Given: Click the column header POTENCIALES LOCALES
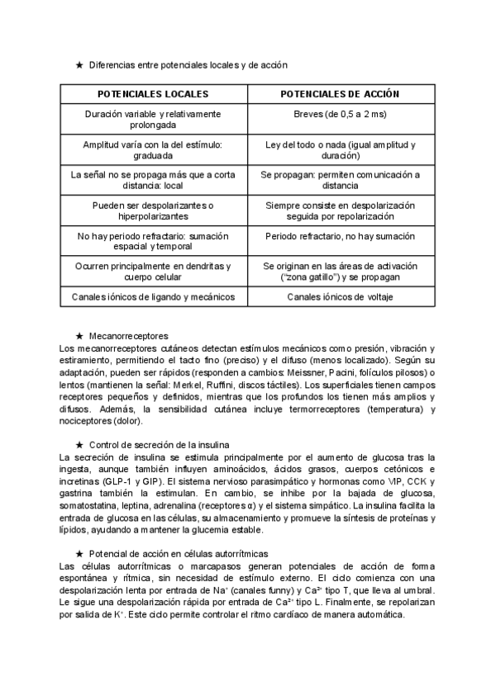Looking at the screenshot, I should [x=153, y=95].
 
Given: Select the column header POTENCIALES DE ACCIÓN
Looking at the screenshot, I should [x=340, y=95].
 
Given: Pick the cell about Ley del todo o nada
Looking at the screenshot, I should [x=340, y=149].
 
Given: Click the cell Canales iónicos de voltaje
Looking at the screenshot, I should [x=340, y=296].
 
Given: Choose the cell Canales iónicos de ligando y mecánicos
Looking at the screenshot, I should [x=153, y=296].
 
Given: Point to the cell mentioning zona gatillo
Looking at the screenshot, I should [x=340, y=272].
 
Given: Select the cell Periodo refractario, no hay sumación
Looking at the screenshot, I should [x=340, y=235].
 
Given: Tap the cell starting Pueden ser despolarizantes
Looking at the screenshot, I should [x=153, y=210].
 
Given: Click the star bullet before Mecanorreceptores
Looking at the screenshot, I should [x=79, y=336].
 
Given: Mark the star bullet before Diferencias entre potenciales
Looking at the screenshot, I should [x=79, y=64].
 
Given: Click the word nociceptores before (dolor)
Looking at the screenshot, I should [x=88, y=421].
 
